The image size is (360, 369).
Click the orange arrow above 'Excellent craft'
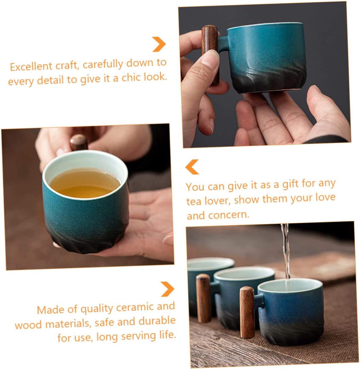click(159, 44)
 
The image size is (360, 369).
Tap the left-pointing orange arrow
click(192, 167)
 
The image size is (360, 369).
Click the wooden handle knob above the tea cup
click(79, 142)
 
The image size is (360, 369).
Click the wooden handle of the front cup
click(247, 312)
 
